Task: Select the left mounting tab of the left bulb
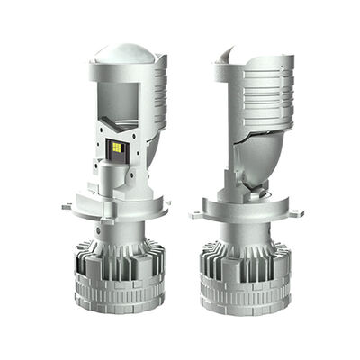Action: click(x=68, y=206)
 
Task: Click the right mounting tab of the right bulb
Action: click(x=293, y=212)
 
